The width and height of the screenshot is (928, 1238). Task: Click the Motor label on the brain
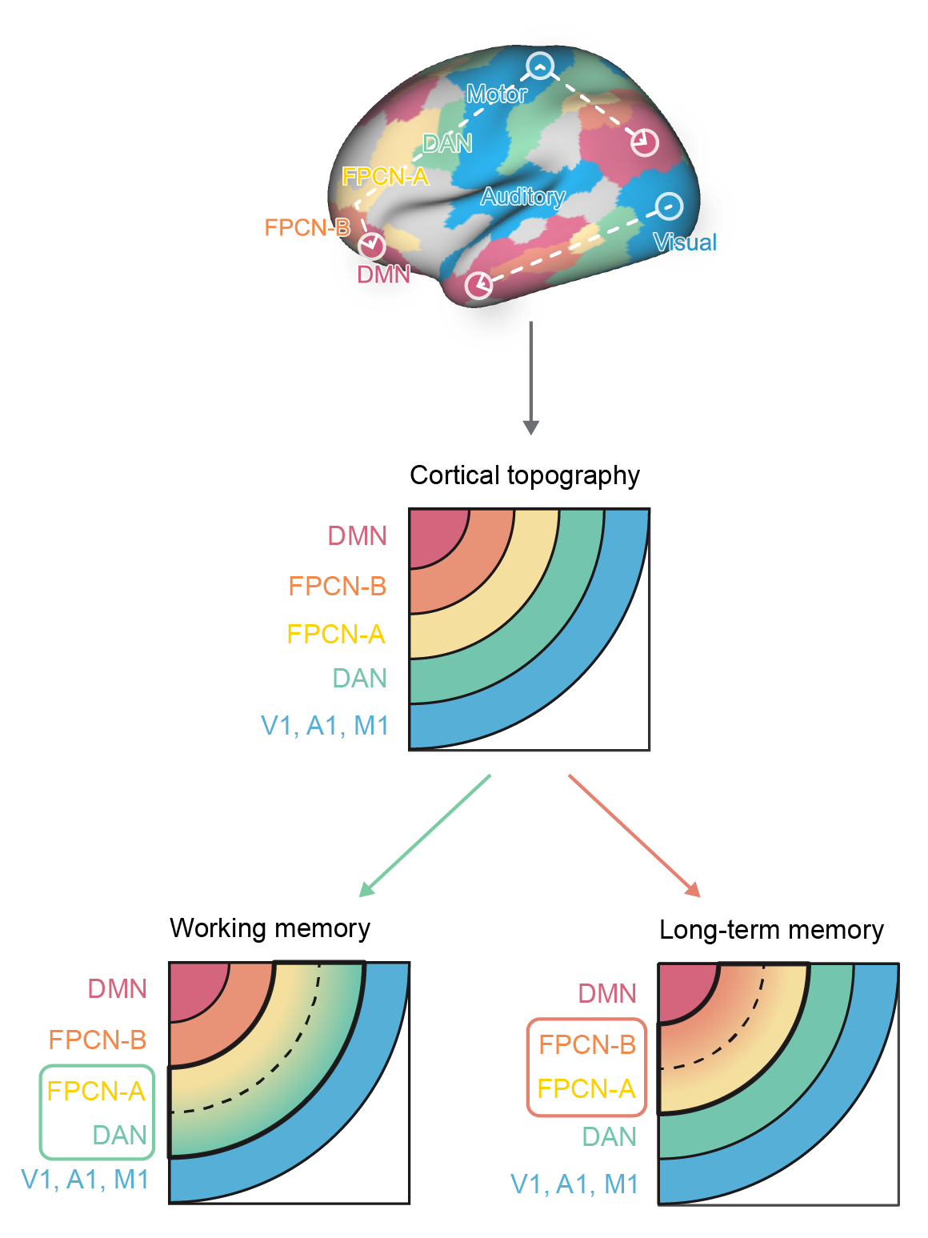click(497, 94)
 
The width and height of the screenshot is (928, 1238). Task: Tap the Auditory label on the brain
click(522, 197)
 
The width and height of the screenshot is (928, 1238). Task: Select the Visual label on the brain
click(685, 242)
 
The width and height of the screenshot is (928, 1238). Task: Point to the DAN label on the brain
click(447, 143)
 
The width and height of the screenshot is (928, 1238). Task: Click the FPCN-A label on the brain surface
click(385, 176)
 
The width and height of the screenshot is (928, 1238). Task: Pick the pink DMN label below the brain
click(383, 274)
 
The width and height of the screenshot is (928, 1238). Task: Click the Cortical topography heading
click(525, 475)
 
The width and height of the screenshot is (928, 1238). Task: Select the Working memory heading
click(270, 928)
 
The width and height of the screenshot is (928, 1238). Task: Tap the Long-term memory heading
click(771, 930)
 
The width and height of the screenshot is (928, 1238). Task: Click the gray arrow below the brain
click(530, 376)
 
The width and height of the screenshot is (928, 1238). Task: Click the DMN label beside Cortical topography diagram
click(358, 535)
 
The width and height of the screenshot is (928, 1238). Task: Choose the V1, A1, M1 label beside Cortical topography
click(325, 726)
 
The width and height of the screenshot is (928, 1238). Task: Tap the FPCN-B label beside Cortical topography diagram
click(338, 587)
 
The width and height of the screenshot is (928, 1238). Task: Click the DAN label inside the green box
click(120, 1135)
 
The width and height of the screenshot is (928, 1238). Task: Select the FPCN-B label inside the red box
click(587, 1044)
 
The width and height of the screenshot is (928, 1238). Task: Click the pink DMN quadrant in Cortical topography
click(434, 533)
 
